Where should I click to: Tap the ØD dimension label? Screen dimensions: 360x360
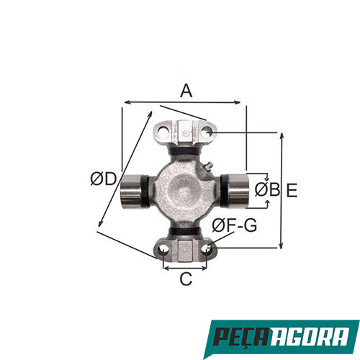(103, 179)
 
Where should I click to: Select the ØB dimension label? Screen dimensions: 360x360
(267, 189)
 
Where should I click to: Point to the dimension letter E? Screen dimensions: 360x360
(292, 190)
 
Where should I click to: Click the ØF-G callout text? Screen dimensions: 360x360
(235, 225)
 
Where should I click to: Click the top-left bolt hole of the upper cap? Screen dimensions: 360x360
(164, 132)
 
